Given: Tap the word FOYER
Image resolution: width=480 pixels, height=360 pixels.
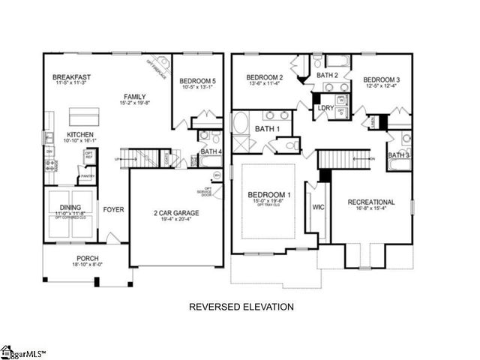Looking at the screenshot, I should pyautogui.click(x=113, y=209).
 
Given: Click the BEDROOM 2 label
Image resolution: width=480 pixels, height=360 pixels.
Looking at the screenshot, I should pyautogui.click(x=265, y=78).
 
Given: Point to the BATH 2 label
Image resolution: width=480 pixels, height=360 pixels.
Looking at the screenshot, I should pyautogui.click(x=328, y=75).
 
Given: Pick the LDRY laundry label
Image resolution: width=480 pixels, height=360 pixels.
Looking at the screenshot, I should pyautogui.click(x=325, y=108).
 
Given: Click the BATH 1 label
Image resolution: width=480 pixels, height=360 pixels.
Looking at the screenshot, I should pyautogui.click(x=268, y=129).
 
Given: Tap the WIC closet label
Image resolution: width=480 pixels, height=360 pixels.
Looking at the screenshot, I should pyautogui.click(x=318, y=206).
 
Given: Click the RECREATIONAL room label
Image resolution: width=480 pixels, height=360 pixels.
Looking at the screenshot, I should pyautogui.click(x=370, y=202).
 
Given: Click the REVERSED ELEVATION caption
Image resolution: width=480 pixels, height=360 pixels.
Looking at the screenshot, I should pyautogui.click(x=240, y=307).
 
